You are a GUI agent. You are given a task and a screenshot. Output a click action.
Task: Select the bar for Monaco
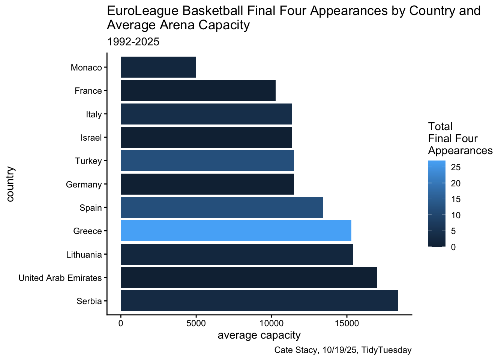158,67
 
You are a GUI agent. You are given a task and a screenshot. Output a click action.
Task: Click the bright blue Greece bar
236,231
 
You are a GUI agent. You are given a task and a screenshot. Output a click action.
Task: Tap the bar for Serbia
259,301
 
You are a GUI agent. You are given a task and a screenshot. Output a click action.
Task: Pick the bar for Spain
222,207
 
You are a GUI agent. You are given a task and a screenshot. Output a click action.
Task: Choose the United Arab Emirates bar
249,277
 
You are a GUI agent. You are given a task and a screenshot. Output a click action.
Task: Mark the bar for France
198,90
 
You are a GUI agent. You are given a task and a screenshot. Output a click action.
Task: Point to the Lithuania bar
237,254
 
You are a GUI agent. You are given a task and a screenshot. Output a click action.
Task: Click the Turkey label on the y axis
88,161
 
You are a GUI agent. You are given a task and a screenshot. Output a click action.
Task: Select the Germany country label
84,184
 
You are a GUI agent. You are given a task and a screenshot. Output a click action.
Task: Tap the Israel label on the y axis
91,138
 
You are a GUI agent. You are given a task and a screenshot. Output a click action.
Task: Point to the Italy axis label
94,114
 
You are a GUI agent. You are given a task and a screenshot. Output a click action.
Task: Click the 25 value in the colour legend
456,168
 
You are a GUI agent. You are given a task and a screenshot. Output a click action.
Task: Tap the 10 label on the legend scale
456,215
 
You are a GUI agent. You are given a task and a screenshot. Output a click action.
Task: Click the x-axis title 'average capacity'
259,335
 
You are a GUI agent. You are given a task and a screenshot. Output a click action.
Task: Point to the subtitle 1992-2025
133,42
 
